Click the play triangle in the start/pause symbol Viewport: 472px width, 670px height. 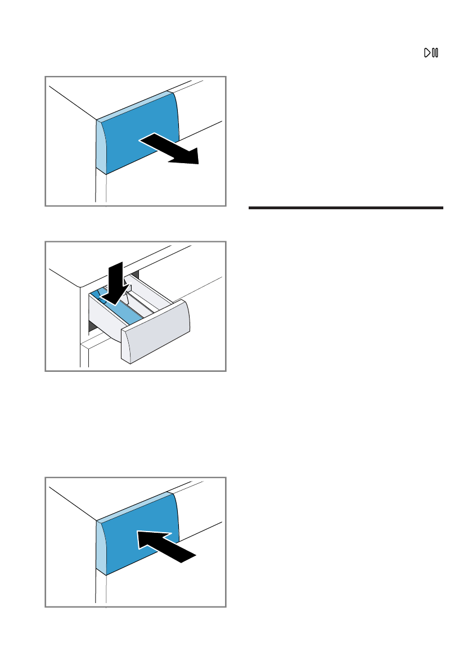[428, 53]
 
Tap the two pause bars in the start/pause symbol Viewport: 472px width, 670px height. [435, 53]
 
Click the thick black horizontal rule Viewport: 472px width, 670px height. [345, 208]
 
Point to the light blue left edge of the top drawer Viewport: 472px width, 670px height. [101, 148]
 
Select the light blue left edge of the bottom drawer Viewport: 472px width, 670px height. [101, 547]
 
